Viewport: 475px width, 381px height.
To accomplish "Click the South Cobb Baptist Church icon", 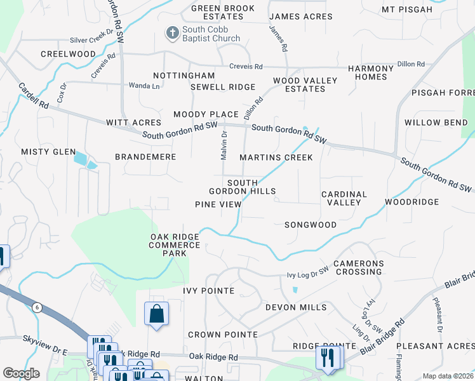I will coord(171,32).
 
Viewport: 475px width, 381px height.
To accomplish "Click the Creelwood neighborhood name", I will coord(68,54).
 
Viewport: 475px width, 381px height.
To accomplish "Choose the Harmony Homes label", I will coord(370,72).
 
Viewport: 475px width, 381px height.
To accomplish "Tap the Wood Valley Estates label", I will coord(299,84).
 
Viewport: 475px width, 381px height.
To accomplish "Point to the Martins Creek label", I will coord(276,157).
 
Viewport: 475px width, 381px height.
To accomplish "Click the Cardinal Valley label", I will coord(344,198).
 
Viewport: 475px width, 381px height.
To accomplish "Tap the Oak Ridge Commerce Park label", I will coord(175,245).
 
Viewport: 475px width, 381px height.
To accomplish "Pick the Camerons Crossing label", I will coord(358,267).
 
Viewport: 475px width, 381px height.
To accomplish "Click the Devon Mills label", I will coord(296,307).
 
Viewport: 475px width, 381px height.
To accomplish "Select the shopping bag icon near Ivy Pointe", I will coord(156,314).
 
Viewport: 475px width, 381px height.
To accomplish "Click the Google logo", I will coord(21,373).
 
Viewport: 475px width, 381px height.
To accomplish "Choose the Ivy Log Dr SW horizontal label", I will coord(308,274).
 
